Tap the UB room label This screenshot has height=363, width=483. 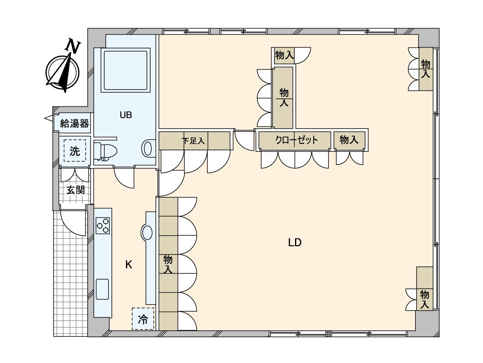click(x=126, y=115)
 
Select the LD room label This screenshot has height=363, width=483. click(x=295, y=242)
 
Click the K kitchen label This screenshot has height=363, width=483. click(x=129, y=265)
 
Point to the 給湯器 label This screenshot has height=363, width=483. click(x=74, y=124)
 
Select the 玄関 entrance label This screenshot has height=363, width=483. click(x=75, y=190)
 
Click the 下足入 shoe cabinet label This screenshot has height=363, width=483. click(x=194, y=141)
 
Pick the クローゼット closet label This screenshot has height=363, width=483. click(x=296, y=140)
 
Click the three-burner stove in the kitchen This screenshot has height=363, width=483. click(x=103, y=225)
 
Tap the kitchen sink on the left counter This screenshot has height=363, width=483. click(x=102, y=289)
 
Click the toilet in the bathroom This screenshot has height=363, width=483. click(x=105, y=151)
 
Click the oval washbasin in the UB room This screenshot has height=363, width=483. click(x=148, y=148)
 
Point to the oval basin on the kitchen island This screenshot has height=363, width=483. click(x=147, y=233)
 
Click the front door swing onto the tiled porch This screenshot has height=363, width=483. click(x=72, y=222)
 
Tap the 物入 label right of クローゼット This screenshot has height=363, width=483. click(x=349, y=140)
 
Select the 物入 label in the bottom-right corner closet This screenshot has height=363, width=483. click(x=424, y=299)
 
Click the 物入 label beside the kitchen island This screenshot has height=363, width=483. click(x=168, y=264)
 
